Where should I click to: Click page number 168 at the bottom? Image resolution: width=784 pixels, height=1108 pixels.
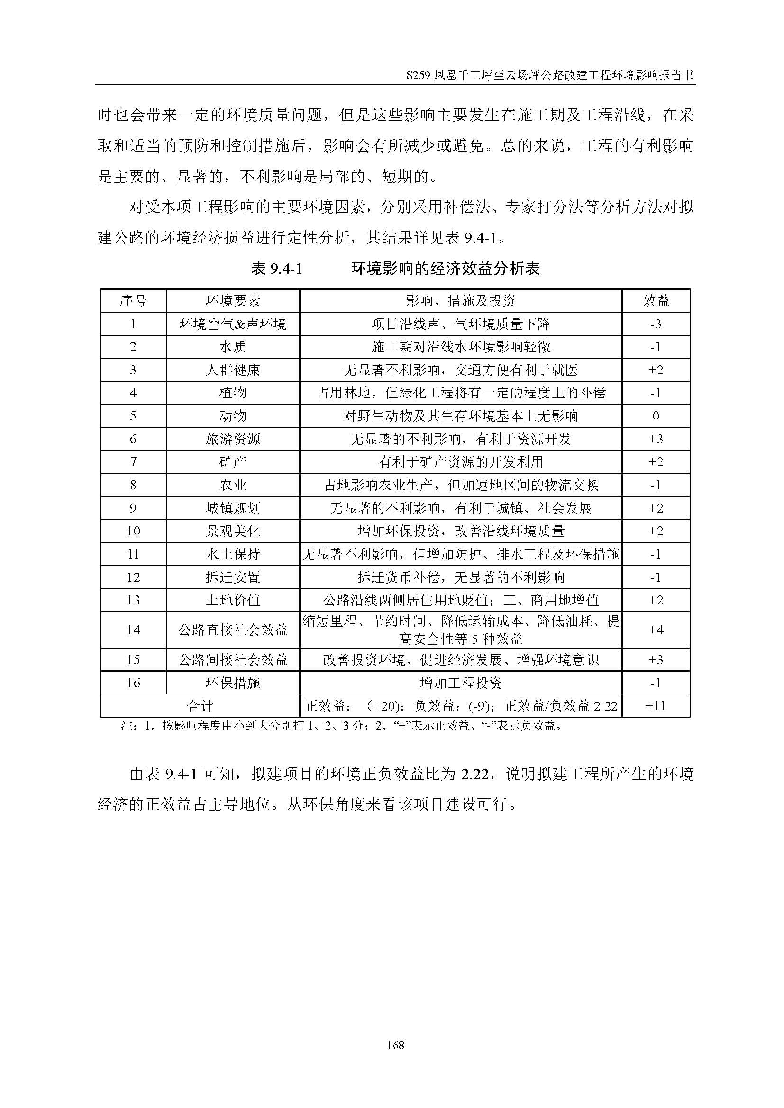pos(395,1045)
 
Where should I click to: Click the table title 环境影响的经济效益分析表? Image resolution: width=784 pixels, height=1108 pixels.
pos(445,269)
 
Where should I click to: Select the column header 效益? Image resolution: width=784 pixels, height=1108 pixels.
pos(656,301)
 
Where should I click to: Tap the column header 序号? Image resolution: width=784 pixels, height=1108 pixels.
pos(133,301)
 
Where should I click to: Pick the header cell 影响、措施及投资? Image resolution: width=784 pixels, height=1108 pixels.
pos(461,301)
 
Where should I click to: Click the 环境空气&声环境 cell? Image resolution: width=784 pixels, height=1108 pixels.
pos(233,324)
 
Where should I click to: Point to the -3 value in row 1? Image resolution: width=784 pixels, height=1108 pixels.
pos(656,324)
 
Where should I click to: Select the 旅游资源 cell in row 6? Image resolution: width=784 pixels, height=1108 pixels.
pos(233,439)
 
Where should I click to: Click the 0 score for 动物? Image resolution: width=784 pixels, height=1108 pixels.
pos(656,416)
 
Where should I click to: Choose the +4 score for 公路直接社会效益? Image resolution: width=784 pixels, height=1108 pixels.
pos(656,630)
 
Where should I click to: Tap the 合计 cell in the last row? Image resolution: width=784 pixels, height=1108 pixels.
pos(200,706)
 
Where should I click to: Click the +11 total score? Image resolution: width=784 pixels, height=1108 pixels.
pos(656,706)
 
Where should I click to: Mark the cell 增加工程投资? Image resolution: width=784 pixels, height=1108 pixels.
pos(461,683)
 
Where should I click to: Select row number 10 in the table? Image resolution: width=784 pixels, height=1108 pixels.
pos(133,531)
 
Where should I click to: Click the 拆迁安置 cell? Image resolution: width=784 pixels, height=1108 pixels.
pos(233,577)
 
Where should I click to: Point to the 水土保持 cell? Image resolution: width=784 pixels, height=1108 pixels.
pos(233,554)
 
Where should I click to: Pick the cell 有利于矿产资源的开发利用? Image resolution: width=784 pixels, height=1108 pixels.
pos(461,462)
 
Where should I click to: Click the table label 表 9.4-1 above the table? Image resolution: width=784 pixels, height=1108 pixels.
pos(277,269)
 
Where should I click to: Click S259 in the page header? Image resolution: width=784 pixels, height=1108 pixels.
pos(419,76)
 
